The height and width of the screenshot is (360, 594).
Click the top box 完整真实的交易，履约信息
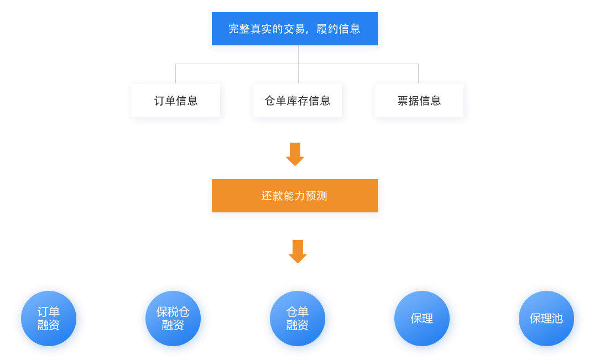coord(295,29)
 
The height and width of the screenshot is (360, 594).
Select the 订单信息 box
coord(176,101)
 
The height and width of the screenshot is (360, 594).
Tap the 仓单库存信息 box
coord(298,101)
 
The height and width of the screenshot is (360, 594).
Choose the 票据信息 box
coord(419,101)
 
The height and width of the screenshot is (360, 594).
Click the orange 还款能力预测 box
coord(295,196)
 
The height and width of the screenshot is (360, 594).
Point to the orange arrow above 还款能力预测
coord(295,154)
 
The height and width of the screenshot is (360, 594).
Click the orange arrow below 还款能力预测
coord(298,251)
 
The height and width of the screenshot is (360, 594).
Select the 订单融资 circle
coord(49,319)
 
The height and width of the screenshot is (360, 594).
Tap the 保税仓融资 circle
coord(174,319)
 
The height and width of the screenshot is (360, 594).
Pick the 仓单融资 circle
coord(298,319)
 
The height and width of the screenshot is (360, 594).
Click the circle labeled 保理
coord(423,319)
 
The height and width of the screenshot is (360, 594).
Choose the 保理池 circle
coord(547,319)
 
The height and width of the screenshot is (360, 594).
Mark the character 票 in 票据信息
coord(403,101)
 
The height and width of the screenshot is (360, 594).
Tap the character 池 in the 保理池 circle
coord(557,319)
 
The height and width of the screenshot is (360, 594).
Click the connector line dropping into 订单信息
coord(176,73)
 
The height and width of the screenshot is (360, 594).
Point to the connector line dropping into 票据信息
coord(418,73)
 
